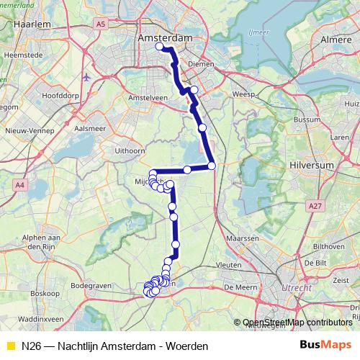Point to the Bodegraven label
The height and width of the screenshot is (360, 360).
click(90, 286)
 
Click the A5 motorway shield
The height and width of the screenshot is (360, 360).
click(100, 24)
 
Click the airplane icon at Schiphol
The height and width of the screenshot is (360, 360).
click(87, 77)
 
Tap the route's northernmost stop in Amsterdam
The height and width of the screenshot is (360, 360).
click(160, 47)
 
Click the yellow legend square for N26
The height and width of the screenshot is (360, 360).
click(9, 346)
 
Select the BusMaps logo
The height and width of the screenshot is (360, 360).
click(326, 346)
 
